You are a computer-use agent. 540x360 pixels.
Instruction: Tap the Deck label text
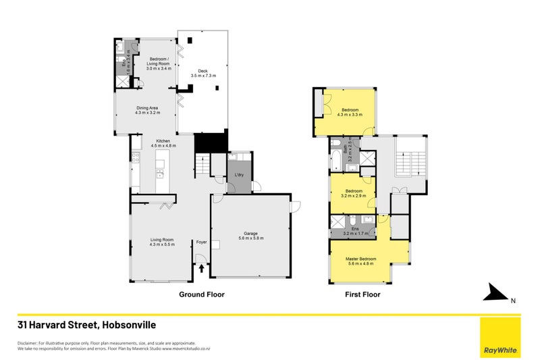[x=203, y=74]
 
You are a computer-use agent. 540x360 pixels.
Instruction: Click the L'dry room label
[x=239, y=176]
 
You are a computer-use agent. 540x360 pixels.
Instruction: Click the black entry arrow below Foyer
[x=201, y=269]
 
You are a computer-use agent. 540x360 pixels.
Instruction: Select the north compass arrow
[x=497, y=293]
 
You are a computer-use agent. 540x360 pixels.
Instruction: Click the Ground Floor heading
[x=201, y=294]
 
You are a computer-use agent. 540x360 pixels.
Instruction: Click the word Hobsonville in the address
[x=131, y=325]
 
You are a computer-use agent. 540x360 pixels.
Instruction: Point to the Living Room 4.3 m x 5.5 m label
[x=161, y=242]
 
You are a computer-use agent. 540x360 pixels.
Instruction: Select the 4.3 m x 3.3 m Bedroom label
[x=350, y=112]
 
